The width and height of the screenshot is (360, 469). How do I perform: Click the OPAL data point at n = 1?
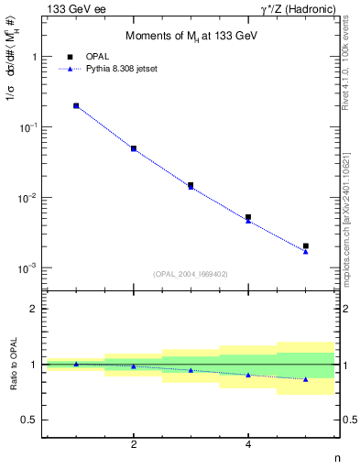click(x=76, y=106)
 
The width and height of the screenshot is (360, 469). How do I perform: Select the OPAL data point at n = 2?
click(x=134, y=148)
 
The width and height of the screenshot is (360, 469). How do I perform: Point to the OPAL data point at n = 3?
click(x=191, y=185)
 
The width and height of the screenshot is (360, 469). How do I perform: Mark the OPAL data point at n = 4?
click(x=248, y=218)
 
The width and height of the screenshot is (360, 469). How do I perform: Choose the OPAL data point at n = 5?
click(x=306, y=245)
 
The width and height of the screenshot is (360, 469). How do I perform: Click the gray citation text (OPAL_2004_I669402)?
click(x=191, y=272)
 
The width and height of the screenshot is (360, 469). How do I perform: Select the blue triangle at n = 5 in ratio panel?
click(x=306, y=379)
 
